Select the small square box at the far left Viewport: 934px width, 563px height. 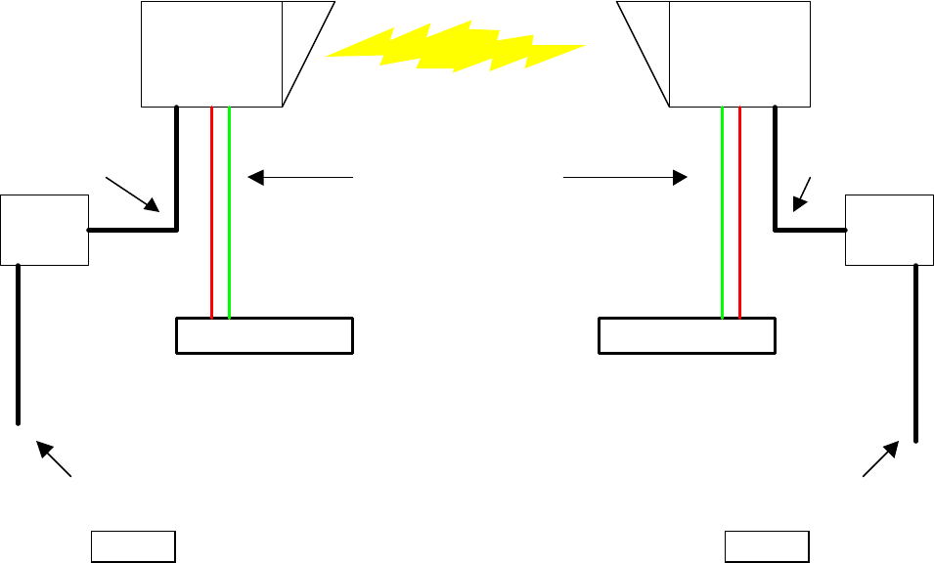pyautogui.click(x=45, y=230)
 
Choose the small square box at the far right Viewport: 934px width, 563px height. pyautogui.click(x=888, y=230)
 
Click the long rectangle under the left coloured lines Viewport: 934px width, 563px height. pyautogui.click(x=264, y=335)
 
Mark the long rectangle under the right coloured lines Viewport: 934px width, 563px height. pyautogui.click(x=687, y=335)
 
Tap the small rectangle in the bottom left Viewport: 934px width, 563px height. pyautogui.click(x=133, y=546)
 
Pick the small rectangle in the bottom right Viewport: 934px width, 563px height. pyautogui.click(x=767, y=546)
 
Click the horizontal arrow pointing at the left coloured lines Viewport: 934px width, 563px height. pyautogui.click(x=299, y=177)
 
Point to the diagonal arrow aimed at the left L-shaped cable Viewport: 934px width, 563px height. pyautogui.click(x=133, y=193)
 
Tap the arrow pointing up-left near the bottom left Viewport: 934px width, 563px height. pyautogui.click(x=55, y=459)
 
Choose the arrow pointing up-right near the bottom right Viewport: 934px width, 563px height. pyautogui.click(x=879, y=458)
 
